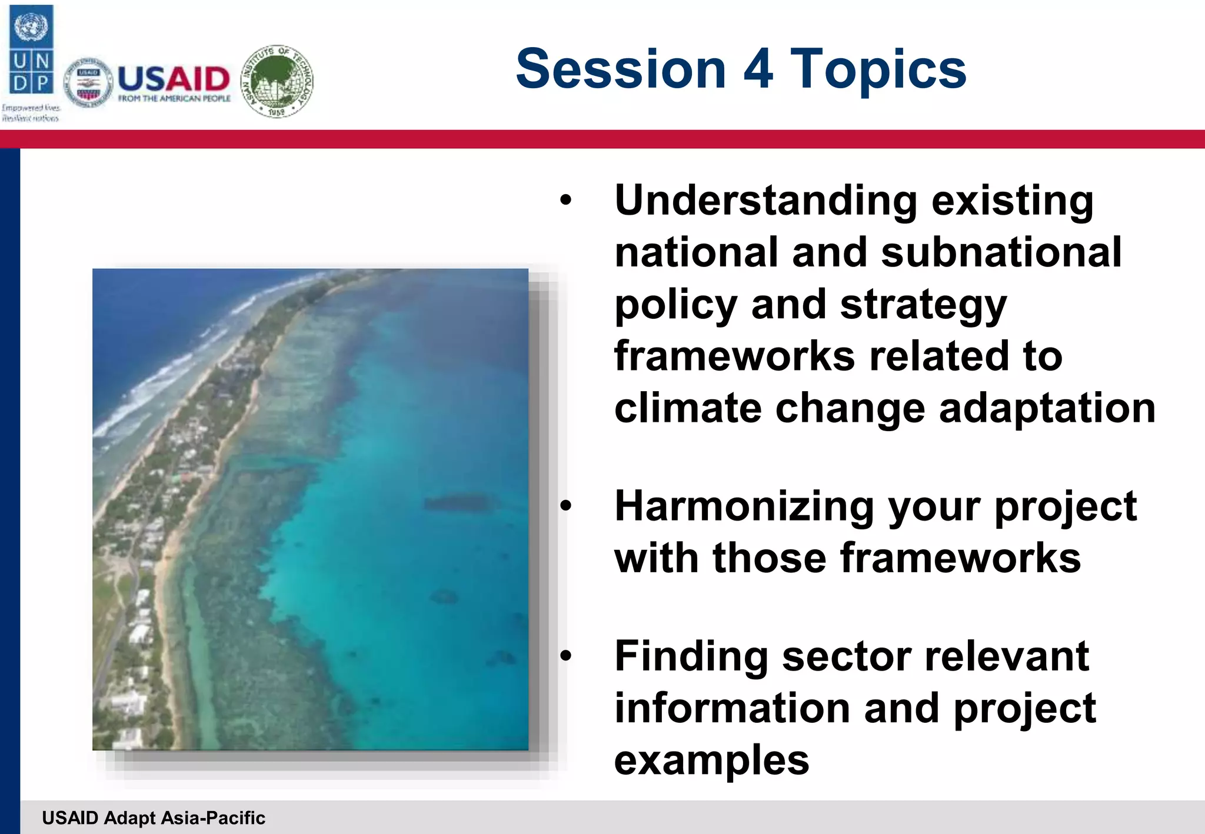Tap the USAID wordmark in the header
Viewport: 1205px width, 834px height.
click(174, 79)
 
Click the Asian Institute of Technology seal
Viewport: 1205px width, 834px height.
click(277, 81)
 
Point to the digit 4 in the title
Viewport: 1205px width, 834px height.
click(758, 69)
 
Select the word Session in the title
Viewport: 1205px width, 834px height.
click(621, 69)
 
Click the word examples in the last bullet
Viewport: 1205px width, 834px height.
click(711, 760)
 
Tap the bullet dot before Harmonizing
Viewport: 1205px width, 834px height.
click(565, 506)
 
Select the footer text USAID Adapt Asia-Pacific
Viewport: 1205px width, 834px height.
click(154, 818)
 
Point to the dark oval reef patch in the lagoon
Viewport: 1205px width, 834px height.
click(457, 503)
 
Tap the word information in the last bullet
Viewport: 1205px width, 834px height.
click(732, 708)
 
